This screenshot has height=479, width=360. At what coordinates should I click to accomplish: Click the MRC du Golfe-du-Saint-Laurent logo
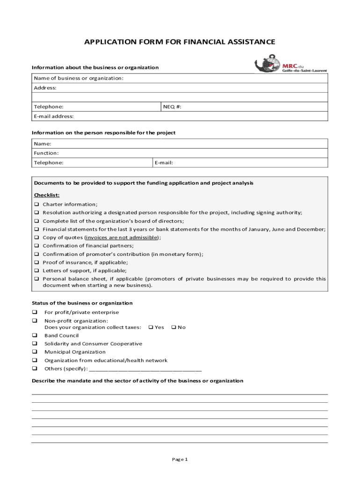click(x=290, y=65)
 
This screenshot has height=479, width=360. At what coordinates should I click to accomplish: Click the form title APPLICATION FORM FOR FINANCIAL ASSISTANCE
click(x=180, y=43)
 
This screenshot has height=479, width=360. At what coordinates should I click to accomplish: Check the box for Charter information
click(x=36, y=204)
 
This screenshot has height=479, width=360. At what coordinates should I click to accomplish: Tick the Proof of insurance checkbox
click(x=36, y=262)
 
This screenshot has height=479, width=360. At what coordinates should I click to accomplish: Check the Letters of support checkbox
click(x=36, y=271)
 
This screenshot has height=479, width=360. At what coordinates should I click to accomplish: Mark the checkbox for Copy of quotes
click(x=36, y=238)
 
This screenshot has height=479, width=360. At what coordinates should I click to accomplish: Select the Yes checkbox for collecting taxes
click(x=151, y=327)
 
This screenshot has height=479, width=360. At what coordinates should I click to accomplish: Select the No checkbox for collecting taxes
click(x=173, y=327)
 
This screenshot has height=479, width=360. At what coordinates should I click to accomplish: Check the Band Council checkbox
click(x=34, y=335)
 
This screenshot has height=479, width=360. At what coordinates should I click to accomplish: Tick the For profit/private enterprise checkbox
click(x=34, y=312)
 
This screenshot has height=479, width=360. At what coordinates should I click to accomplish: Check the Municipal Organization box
click(x=34, y=352)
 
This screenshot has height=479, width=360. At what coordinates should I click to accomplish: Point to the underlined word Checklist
click(x=47, y=195)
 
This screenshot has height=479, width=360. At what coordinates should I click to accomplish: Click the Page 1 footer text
click(x=180, y=459)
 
